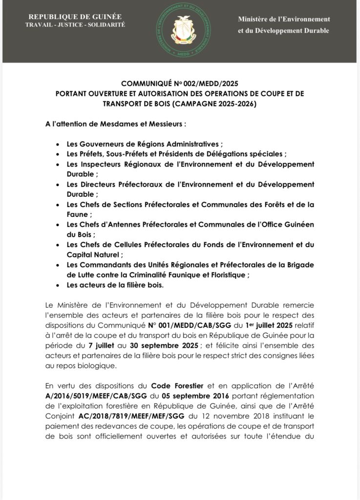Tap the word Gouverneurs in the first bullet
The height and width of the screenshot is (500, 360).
[x=106, y=145]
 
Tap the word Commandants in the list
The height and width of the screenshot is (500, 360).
[x=105, y=265]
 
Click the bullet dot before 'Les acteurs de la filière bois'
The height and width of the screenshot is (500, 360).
[x=58, y=285]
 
